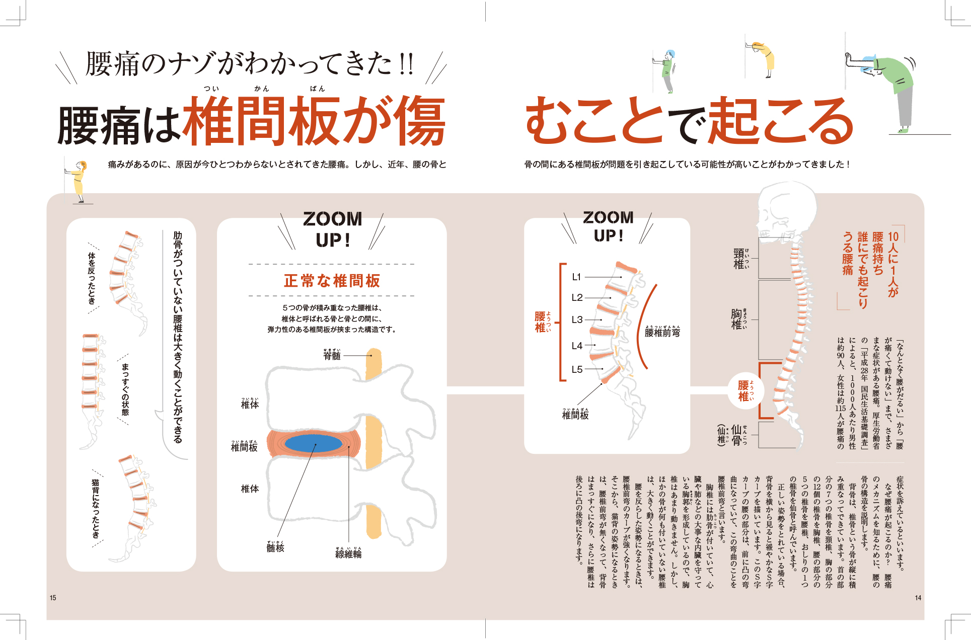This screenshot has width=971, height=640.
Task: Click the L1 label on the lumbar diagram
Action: click(577, 277)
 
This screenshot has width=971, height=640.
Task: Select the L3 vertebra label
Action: click(577, 319)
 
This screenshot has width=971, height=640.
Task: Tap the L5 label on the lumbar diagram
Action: click(577, 369)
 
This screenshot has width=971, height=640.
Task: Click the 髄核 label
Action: click(275, 547)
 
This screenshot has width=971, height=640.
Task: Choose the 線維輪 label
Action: click(348, 553)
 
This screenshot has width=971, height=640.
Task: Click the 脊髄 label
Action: click(332, 355)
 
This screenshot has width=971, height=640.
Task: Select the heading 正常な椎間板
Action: click(332, 281)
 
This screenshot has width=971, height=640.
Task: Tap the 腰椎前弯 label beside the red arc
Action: click(662, 332)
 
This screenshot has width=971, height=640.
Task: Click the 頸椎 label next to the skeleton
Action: click(739, 259)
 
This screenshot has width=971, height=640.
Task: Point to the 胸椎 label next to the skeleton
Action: click(737, 319)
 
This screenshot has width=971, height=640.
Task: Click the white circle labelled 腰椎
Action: click(744, 391)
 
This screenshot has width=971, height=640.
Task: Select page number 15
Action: click(53, 598)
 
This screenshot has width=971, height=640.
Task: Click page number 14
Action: click(918, 598)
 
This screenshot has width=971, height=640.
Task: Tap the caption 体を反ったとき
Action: click(92, 278)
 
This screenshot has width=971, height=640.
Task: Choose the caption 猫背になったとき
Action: click(96, 508)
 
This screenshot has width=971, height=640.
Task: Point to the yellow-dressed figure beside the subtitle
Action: click(79, 181)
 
